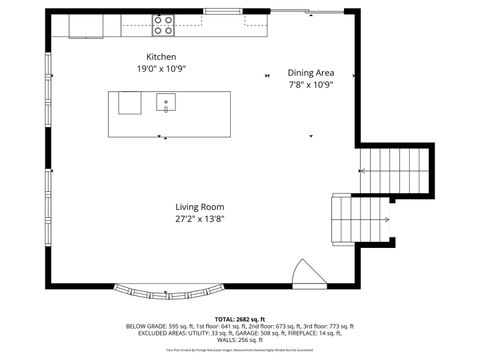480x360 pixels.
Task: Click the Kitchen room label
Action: [162, 57]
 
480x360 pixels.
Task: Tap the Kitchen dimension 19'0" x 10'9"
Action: [162, 69]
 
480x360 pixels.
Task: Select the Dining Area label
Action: [310, 73]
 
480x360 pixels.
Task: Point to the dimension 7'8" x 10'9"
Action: [310, 85]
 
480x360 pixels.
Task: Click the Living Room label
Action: [199, 206]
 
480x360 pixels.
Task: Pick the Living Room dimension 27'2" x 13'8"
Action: [199, 218]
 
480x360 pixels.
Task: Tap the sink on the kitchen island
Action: [165, 101]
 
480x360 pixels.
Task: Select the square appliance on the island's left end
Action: [130, 102]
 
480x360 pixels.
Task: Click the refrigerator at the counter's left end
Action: [85, 24]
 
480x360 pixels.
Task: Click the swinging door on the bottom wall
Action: [302, 274]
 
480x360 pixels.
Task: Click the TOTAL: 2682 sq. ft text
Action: [239, 318]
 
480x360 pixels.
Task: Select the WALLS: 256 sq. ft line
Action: [239, 341]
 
